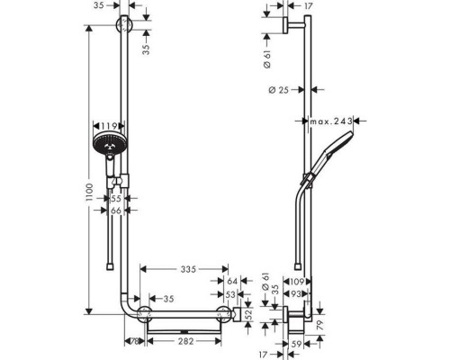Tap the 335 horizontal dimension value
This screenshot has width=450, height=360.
pyautogui.click(x=186, y=269)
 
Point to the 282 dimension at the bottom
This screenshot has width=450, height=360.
pyautogui.click(x=186, y=343)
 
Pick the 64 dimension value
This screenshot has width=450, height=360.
pyautogui.click(x=232, y=282)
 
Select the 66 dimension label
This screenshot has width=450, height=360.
pyautogui.click(x=115, y=211)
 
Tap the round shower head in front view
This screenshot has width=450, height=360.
pyautogui.click(x=108, y=147)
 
